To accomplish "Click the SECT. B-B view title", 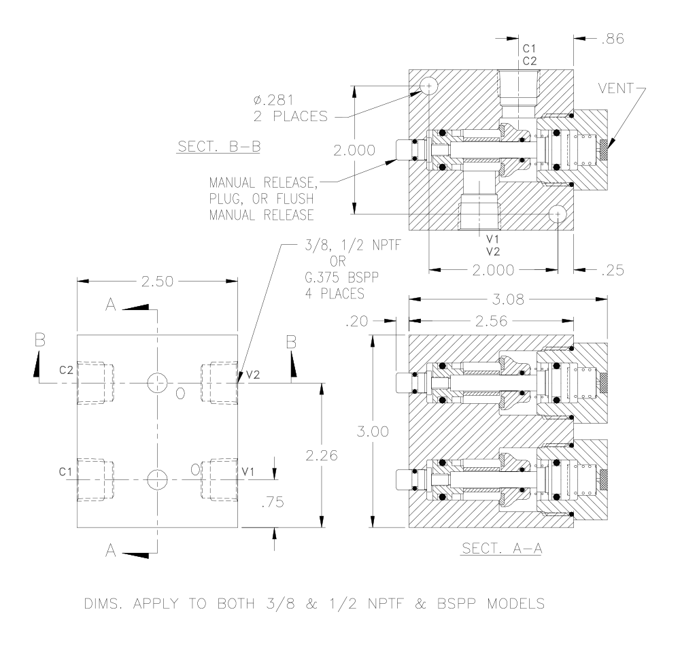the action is (219, 147).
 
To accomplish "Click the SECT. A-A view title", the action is (502, 549).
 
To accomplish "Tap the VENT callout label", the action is (616, 88).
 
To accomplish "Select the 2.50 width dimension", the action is (158, 282).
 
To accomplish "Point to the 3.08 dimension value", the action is (508, 299).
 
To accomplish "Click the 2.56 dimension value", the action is (492, 321).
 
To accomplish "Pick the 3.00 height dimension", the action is (373, 431).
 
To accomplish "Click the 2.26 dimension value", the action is (322, 455).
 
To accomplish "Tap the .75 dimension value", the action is (273, 502).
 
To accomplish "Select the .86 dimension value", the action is (613, 39).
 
